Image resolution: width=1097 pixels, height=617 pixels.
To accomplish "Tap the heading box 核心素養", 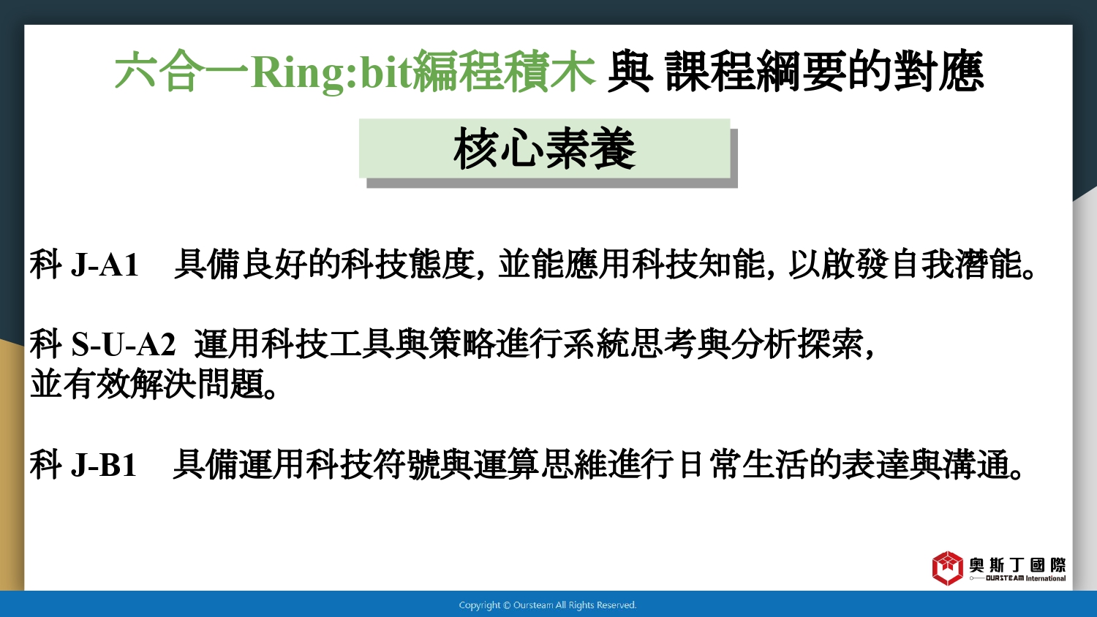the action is pyautogui.click(x=545, y=148).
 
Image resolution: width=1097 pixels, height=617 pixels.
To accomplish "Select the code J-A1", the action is pyautogui.click(x=105, y=265).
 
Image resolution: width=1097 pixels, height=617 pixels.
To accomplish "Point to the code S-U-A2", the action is pyautogui.click(x=124, y=344).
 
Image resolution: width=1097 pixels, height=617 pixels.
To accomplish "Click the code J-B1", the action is pyautogui.click(x=104, y=464).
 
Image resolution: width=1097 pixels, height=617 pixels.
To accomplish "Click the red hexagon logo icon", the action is pyautogui.click(x=948, y=568).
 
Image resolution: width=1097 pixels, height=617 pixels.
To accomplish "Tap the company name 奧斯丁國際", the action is pyautogui.click(x=1018, y=565).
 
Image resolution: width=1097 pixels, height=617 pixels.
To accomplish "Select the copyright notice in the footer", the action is pyautogui.click(x=548, y=605).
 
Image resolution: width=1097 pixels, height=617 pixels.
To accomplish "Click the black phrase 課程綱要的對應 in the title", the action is pyautogui.click(x=824, y=73).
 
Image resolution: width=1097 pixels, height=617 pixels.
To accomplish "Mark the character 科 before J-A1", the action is pyautogui.click(x=46, y=265).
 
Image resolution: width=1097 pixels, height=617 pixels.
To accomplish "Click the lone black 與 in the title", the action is pyautogui.click(x=630, y=73).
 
